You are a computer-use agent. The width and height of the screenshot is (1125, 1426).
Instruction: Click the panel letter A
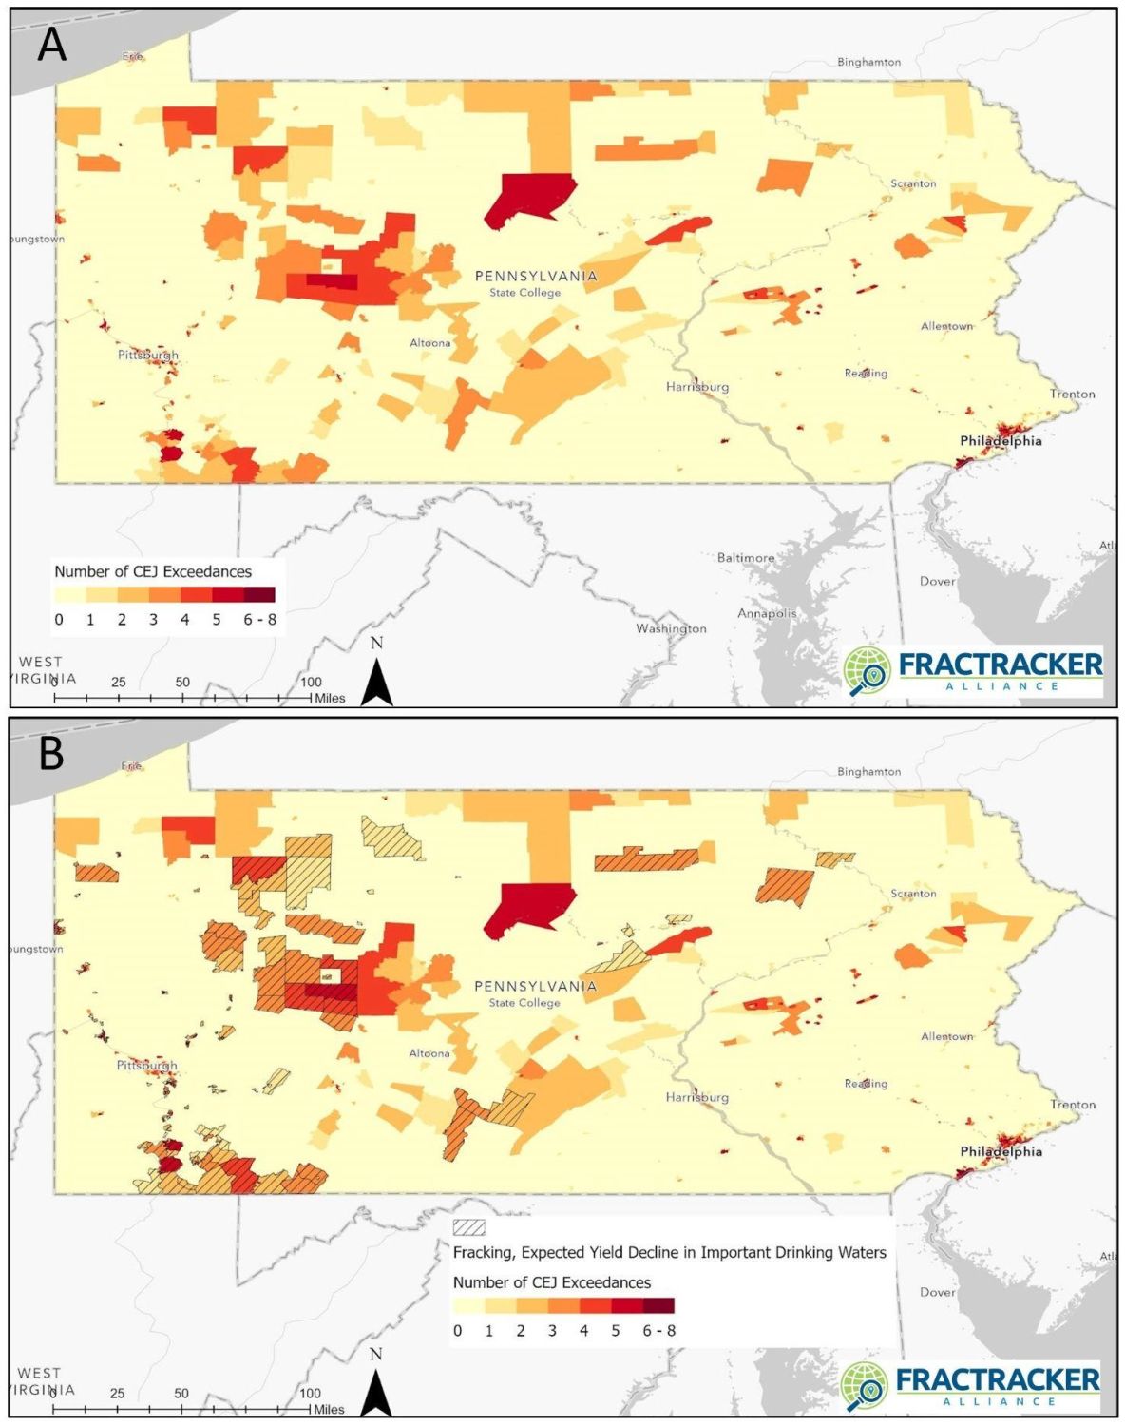(x=51, y=44)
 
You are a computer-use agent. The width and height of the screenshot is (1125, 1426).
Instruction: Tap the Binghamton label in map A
(x=868, y=62)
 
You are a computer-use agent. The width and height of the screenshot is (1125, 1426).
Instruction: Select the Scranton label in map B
(x=913, y=894)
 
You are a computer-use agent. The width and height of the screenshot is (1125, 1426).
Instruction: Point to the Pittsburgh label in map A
(x=147, y=355)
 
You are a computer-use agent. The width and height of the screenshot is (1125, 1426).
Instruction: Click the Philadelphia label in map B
(x=1001, y=1151)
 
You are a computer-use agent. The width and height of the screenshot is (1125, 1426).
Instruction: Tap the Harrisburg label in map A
(x=696, y=387)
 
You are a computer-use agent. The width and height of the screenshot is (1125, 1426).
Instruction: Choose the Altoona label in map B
(x=429, y=1053)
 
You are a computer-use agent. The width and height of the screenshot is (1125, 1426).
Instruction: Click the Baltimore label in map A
(x=745, y=558)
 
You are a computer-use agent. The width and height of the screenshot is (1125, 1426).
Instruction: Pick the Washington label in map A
(x=671, y=628)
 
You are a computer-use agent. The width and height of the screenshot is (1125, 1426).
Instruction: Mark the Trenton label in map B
(x=1073, y=1105)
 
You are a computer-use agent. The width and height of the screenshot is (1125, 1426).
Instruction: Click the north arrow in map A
(x=377, y=677)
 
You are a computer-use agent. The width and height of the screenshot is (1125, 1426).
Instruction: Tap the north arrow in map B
(x=376, y=1388)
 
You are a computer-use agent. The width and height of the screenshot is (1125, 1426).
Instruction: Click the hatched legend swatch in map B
(x=469, y=1227)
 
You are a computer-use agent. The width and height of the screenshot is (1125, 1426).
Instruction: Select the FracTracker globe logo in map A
(x=866, y=670)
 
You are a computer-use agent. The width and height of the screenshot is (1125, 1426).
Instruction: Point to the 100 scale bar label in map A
(x=311, y=682)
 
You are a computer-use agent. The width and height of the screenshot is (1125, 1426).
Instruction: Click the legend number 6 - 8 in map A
(x=259, y=619)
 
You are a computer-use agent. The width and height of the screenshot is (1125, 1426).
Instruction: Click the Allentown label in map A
(x=946, y=326)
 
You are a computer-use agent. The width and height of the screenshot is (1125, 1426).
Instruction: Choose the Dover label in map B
(x=937, y=1292)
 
